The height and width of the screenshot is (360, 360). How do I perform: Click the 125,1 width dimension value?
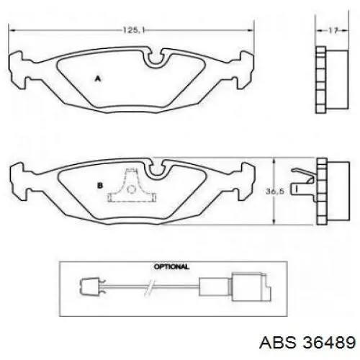click(134, 30)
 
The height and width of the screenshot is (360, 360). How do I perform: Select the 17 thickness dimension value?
click(333, 30)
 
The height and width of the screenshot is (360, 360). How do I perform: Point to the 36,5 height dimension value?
click(275, 192)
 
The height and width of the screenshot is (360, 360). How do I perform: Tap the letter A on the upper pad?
click(98, 78)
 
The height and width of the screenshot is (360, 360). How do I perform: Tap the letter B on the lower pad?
click(100, 186)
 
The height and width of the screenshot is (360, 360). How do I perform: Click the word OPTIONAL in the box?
click(171, 266)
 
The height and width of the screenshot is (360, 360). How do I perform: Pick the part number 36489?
click(329, 342)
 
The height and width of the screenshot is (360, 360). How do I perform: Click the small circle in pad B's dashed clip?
click(131, 189)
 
